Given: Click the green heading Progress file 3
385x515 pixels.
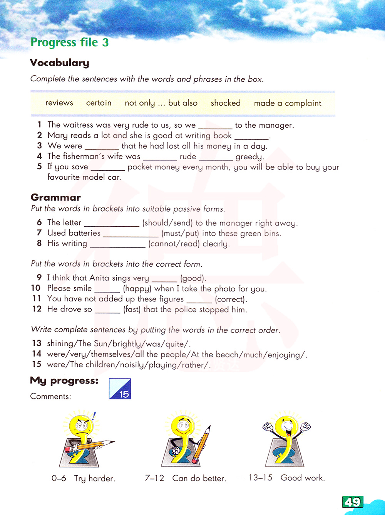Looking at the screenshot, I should pyautogui.click(x=70, y=42).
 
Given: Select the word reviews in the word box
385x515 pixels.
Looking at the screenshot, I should pyautogui.click(x=59, y=103).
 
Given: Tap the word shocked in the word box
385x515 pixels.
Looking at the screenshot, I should pyautogui.click(x=226, y=103).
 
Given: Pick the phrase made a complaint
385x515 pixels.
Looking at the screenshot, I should pyautogui.click(x=288, y=103).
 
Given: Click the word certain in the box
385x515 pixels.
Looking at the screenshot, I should pyautogui.click(x=99, y=103).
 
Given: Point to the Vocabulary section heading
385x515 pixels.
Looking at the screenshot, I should pyautogui.click(x=59, y=63).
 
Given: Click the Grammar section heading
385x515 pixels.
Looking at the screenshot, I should pyautogui.click(x=55, y=197).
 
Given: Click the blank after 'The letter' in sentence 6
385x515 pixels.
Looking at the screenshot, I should pyautogui.click(x=112, y=224).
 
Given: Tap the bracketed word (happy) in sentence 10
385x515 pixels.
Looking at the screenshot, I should pyautogui.click(x=137, y=289).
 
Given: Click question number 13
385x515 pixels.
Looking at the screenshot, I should pyautogui.click(x=37, y=343).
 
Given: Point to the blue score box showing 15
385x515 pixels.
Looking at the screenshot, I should pyautogui.click(x=120, y=389).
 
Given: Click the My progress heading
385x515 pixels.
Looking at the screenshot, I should pyautogui.click(x=64, y=381).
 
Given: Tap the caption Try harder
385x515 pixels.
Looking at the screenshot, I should pyautogui.click(x=95, y=479).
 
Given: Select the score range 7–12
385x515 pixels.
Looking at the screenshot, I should pyautogui.click(x=154, y=478).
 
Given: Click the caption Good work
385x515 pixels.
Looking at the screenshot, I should pyautogui.click(x=303, y=478).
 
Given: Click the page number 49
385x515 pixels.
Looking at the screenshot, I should pyautogui.click(x=352, y=502).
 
